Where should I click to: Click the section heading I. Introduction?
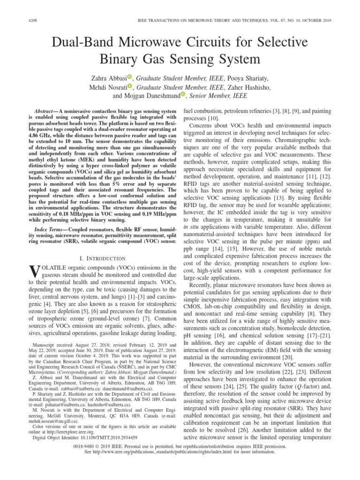tap(102, 258)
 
